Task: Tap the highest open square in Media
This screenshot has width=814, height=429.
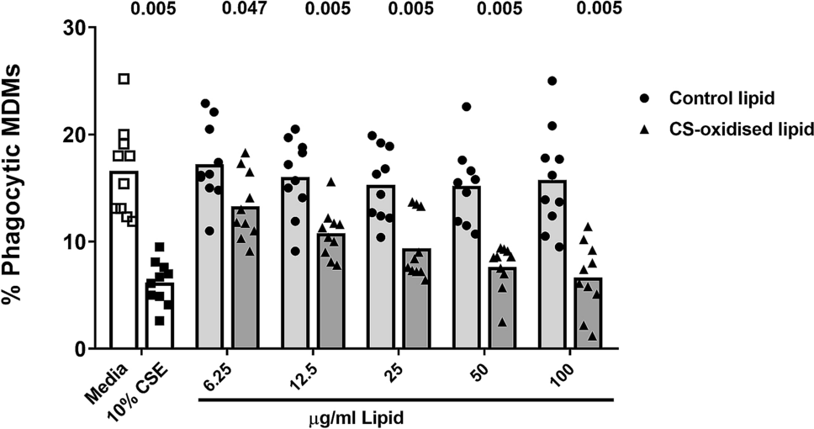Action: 124,79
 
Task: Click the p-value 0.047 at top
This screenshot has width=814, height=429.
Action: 244,9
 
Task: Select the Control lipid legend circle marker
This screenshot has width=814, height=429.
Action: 644,97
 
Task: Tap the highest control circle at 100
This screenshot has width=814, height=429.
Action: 552,81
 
